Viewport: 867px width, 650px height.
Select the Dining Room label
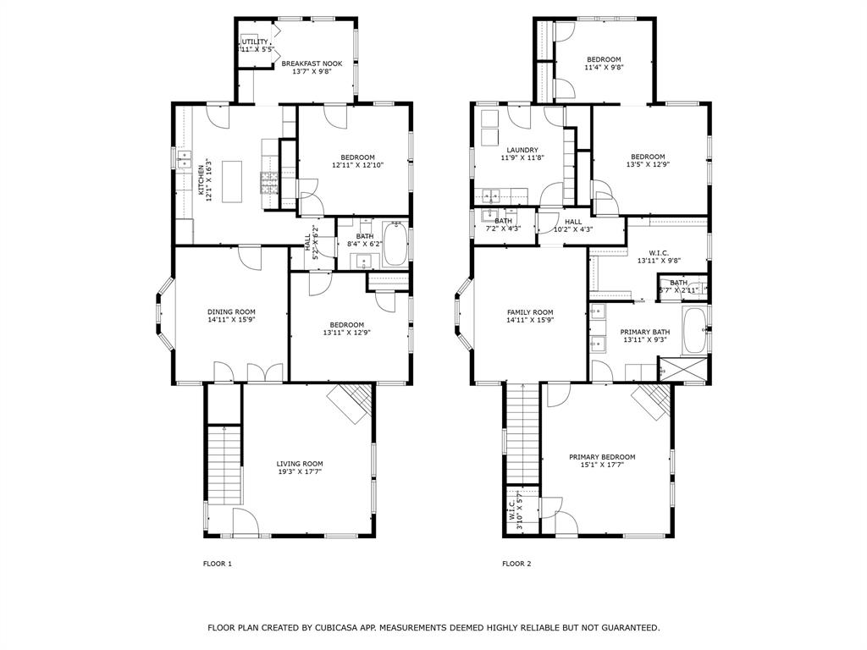click(231, 311)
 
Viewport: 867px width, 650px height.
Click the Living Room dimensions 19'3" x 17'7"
click(300, 471)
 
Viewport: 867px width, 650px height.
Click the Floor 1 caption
click(217, 564)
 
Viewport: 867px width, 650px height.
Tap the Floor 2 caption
click(516, 564)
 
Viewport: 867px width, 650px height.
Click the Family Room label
click(530, 311)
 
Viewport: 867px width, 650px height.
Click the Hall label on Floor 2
click(573, 221)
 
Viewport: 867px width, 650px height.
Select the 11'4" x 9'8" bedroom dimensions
click(605, 68)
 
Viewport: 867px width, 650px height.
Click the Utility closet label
click(255, 41)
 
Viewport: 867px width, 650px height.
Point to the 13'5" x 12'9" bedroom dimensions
click(647, 164)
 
